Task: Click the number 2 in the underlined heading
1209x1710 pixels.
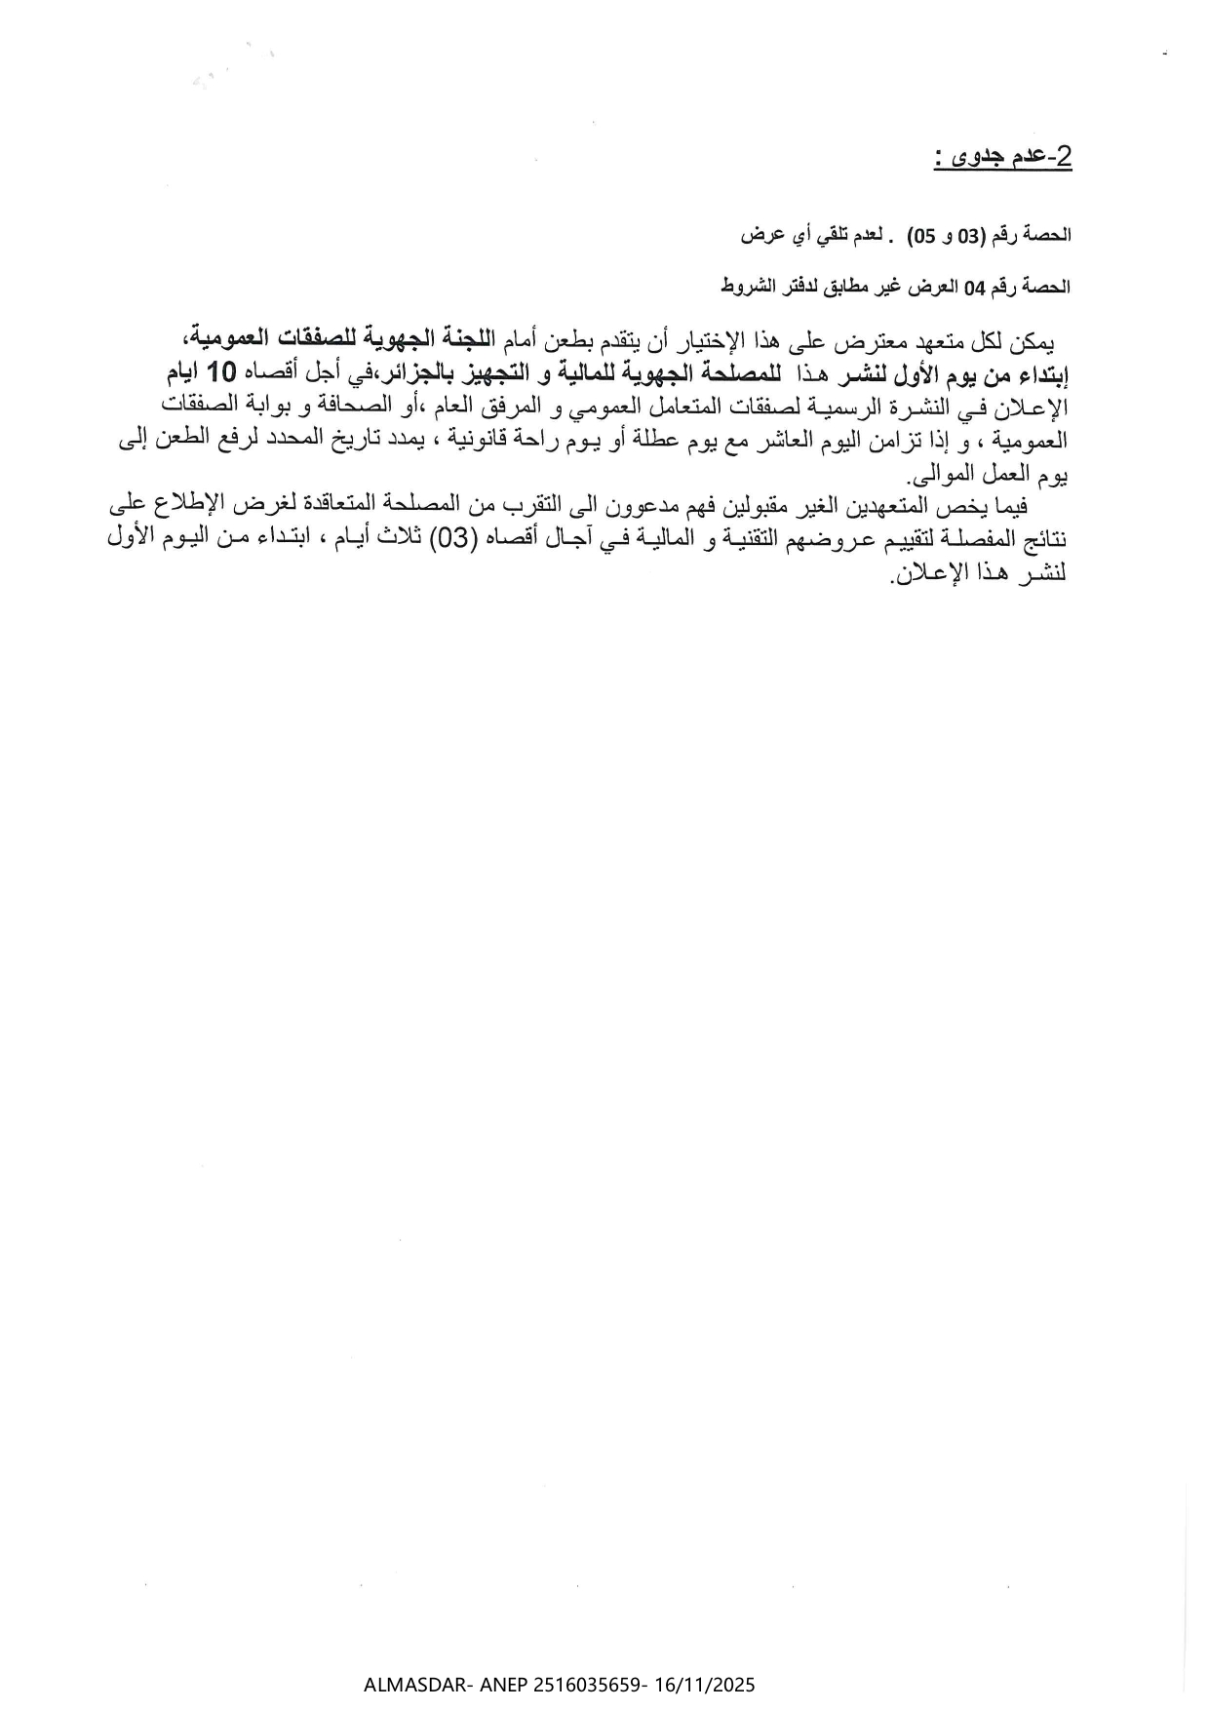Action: (1064, 157)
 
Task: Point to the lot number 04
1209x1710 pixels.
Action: (975, 287)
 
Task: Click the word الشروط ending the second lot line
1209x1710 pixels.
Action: (746, 287)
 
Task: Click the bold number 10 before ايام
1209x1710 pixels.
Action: (222, 372)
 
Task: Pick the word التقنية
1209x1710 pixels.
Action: (698, 541)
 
